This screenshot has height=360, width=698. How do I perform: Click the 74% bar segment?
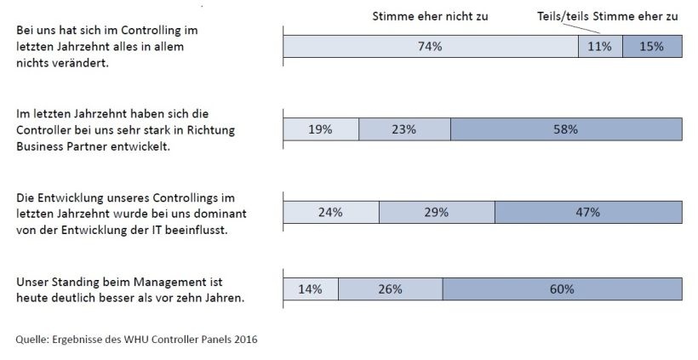(x=430, y=47)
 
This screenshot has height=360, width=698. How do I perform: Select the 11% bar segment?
(x=600, y=47)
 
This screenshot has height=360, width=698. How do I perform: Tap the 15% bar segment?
(x=652, y=47)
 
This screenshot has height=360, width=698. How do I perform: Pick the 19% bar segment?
(x=320, y=129)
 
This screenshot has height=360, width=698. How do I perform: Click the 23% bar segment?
(x=404, y=129)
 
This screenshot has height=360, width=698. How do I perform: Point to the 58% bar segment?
(x=566, y=129)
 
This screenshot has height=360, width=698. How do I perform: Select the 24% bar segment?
(x=330, y=212)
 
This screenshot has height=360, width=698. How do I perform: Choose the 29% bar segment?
(x=436, y=212)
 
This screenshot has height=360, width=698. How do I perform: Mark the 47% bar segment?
(x=588, y=212)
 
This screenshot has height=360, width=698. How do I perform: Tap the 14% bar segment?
(x=310, y=289)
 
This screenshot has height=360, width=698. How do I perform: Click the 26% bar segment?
(x=390, y=289)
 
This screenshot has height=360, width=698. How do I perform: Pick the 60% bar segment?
(x=562, y=289)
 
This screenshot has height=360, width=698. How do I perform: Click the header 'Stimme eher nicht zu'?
(x=431, y=16)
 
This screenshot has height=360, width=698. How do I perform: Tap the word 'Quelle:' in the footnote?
(x=32, y=340)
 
